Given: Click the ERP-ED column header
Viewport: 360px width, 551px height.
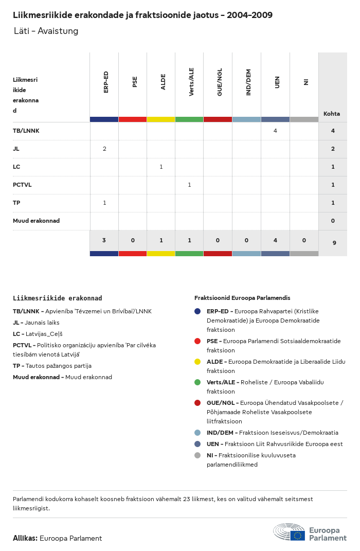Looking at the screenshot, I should pyautogui.click(x=106, y=82).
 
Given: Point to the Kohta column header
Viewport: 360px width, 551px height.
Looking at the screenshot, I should pyautogui.click(x=332, y=114).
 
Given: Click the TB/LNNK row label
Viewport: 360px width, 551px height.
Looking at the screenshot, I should pyautogui.click(x=26, y=131).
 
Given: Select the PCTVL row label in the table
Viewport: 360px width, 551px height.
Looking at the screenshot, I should pyautogui.click(x=22, y=185).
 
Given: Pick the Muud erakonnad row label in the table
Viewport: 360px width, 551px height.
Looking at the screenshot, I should pyautogui.click(x=36, y=221).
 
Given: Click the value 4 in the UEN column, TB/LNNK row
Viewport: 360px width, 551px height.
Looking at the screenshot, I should pyautogui.click(x=275, y=131).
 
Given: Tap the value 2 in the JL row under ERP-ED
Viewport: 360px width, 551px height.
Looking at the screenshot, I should pyautogui.click(x=104, y=149).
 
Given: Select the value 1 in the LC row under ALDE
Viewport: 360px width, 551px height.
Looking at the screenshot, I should pyautogui.click(x=161, y=167).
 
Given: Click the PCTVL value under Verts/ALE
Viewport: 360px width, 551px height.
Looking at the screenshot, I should pyautogui.click(x=189, y=185).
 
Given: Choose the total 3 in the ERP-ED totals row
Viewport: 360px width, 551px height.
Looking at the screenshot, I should pyautogui.click(x=104, y=240).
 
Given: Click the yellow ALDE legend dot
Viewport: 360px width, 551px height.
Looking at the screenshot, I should pyautogui.click(x=197, y=362).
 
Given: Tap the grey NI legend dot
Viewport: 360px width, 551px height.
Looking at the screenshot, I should pyautogui.click(x=197, y=455).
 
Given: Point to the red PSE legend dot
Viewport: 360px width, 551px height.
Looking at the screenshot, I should pyautogui.click(x=197, y=341).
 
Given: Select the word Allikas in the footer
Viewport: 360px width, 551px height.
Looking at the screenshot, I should pyautogui.click(x=25, y=538).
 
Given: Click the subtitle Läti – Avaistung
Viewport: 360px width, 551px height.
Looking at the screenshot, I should pyautogui.click(x=46, y=31).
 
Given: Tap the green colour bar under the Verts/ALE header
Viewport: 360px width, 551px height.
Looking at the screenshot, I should pyautogui.click(x=189, y=119).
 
